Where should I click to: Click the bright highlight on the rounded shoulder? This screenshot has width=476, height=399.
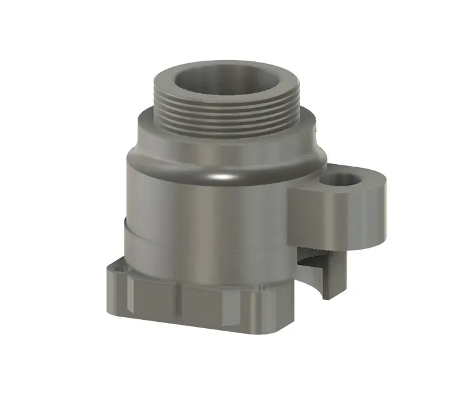pos(220,176)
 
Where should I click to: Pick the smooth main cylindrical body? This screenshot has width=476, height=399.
pos(204,217)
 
